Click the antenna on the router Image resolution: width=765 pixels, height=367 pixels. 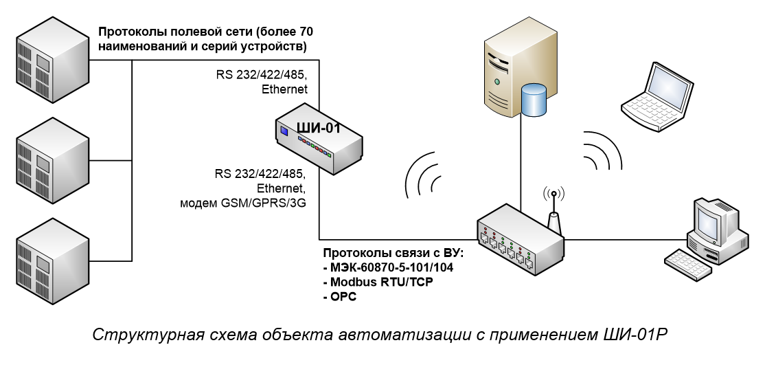coord(553,210)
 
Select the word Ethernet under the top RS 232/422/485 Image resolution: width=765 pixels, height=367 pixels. coord(284,89)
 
